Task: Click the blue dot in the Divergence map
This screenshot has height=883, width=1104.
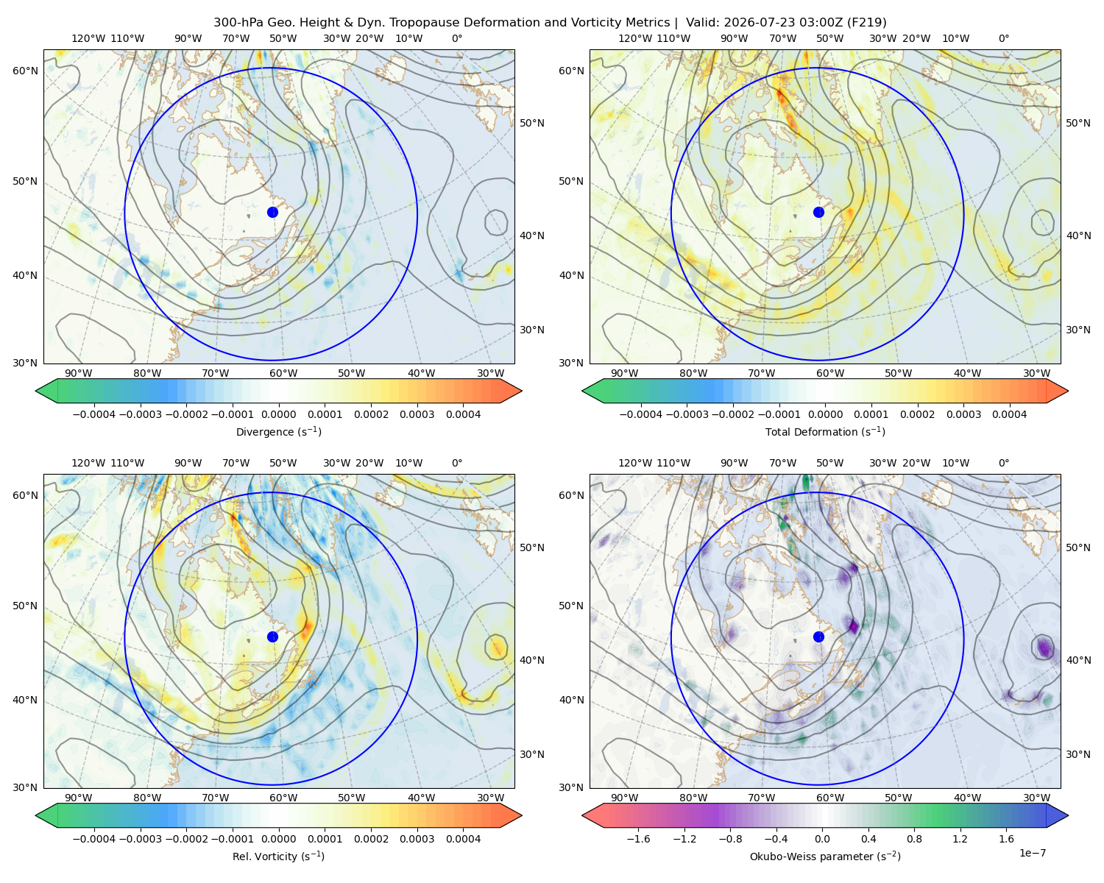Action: click(x=272, y=212)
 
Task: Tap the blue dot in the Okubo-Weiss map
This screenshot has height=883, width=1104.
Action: click(x=818, y=636)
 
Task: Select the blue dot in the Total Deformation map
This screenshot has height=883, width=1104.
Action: click(x=818, y=212)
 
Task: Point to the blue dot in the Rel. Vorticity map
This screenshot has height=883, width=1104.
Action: click(x=272, y=636)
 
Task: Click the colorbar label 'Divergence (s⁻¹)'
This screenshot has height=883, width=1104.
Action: click(x=278, y=431)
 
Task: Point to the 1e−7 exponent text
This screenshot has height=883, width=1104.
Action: click(x=1032, y=853)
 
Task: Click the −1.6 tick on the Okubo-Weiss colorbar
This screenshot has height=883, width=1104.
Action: click(x=638, y=839)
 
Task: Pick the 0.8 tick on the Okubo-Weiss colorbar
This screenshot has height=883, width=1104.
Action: click(x=914, y=839)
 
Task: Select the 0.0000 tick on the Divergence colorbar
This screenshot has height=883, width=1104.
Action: click(x=278, y=414)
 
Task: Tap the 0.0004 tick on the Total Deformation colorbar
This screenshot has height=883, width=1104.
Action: click(x=1009, y=414)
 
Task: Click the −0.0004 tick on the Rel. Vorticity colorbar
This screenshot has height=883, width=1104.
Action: click(x=94, y=839)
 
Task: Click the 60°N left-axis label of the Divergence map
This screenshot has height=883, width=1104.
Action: click(x=25, y=71)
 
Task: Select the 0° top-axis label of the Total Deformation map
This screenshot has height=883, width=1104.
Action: click(x=1003, y=38)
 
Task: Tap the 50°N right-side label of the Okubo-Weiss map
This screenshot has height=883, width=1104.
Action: click(x=1078, y=547)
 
